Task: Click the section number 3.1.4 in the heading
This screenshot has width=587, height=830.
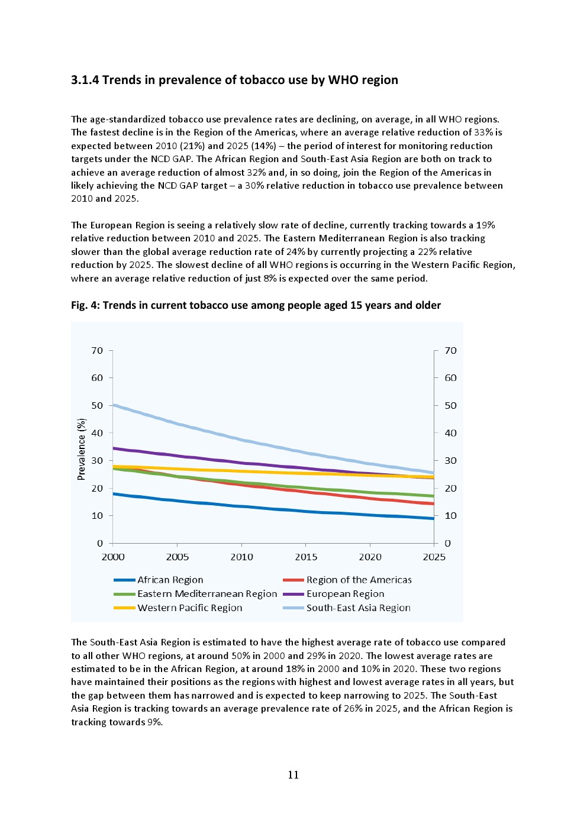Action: [85, 80]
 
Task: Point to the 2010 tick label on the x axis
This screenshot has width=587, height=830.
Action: [241, 557]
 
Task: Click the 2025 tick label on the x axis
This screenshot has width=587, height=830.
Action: [434, 557]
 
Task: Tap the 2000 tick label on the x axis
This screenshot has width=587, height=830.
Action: [113, 557]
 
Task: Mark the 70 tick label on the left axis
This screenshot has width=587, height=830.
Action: [97, 351]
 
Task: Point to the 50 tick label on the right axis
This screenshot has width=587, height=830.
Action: [450, 406]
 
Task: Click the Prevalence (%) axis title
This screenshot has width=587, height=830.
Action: [82, 448]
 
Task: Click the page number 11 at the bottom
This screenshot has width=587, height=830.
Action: [293, 775]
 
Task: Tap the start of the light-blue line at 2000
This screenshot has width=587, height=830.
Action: [114, 405]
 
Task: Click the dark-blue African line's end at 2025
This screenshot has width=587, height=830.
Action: [433, 519]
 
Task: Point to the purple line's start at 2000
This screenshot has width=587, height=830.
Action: [114, 448]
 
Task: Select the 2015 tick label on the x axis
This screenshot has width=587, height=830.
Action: [306, 557]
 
